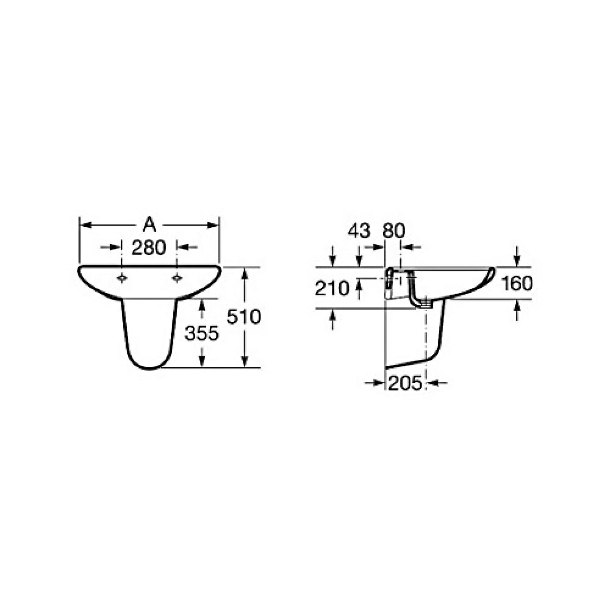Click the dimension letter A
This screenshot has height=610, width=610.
click(x=149, y=225)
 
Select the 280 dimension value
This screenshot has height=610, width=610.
click(x=149, y=248)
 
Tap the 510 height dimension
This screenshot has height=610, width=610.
click(x=244, y=317)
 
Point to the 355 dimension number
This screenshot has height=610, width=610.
click(x=201, y=334)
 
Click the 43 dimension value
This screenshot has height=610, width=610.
click(x=359, y=231)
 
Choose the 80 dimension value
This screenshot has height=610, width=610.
click(x=393, y=231)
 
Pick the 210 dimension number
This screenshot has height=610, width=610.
click(x=332, y=289)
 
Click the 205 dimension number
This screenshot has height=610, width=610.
click(x=406, y=384)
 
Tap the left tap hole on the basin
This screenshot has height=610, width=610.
click(x=122, y=278)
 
